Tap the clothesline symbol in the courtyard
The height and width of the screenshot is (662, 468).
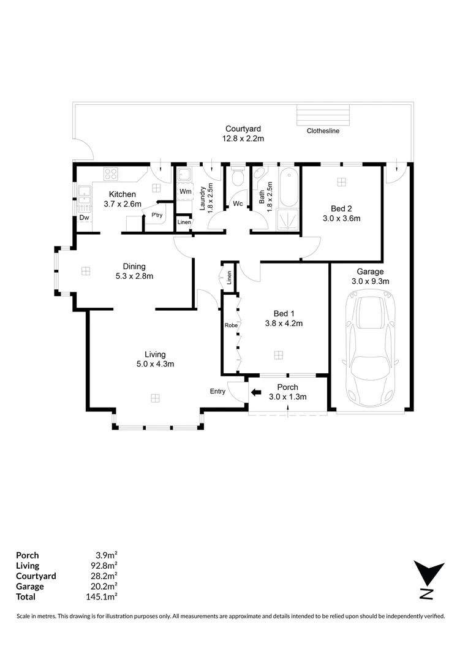(x=323, y=115)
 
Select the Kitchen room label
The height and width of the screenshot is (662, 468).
(x=123, y=194)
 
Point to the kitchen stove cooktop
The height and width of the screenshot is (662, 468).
(x=111, y=174)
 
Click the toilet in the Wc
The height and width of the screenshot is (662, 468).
(x=238, y=177)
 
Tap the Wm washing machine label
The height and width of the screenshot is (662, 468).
(x=185, y=191)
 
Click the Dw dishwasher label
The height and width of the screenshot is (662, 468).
(x=85, y=218)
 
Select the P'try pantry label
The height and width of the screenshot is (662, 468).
(x=157, y=215)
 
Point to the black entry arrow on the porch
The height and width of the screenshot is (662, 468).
(x=255, y=392)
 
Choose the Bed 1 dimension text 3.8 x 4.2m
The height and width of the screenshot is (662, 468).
(x=284, y=324)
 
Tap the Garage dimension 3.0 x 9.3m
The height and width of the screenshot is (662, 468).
(x=370, y=281)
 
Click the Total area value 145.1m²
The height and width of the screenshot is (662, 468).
(x=101, y=596)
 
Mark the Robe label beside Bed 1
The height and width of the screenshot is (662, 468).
(x=232, y=325)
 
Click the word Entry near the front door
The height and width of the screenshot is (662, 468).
(x=217, y=391)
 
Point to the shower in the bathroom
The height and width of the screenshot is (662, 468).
(x=289, y=219)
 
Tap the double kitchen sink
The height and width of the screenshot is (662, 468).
(x=85, y=198)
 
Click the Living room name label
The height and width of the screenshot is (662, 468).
(x=155, y=354)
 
